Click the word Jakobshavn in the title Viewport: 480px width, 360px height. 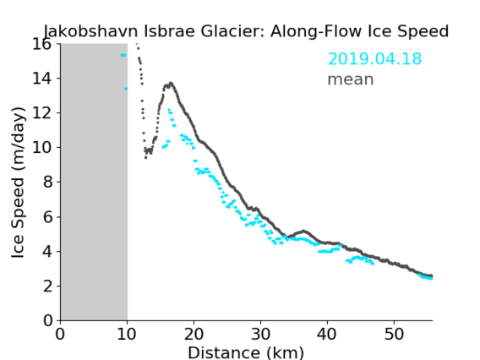pos(91,31)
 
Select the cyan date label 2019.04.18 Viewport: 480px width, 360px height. pos(374,58)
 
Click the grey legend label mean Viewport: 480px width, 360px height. pos(351,79)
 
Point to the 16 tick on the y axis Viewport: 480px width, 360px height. pos(42,44)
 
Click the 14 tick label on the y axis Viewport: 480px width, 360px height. pos(42,79)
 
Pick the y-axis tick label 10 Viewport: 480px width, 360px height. pos(42,148)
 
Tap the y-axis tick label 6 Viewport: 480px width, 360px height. pos(47,216)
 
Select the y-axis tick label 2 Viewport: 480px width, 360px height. pos(47,286)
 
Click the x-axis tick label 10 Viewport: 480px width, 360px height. pos(127,335)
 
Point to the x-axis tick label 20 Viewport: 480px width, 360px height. pos(194,335)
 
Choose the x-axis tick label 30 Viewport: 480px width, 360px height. pos(260,335)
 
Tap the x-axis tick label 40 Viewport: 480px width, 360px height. pos(327,335)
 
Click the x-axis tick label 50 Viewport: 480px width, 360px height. pos(394,335)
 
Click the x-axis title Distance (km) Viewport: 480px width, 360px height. pos(246,352)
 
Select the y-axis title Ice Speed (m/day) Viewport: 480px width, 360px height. pos(18,183)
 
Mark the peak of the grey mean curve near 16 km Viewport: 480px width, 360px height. pos(171,83)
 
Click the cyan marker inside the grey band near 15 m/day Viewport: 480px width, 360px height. pos(123,55)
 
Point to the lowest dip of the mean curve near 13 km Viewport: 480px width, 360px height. pos(145,158)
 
